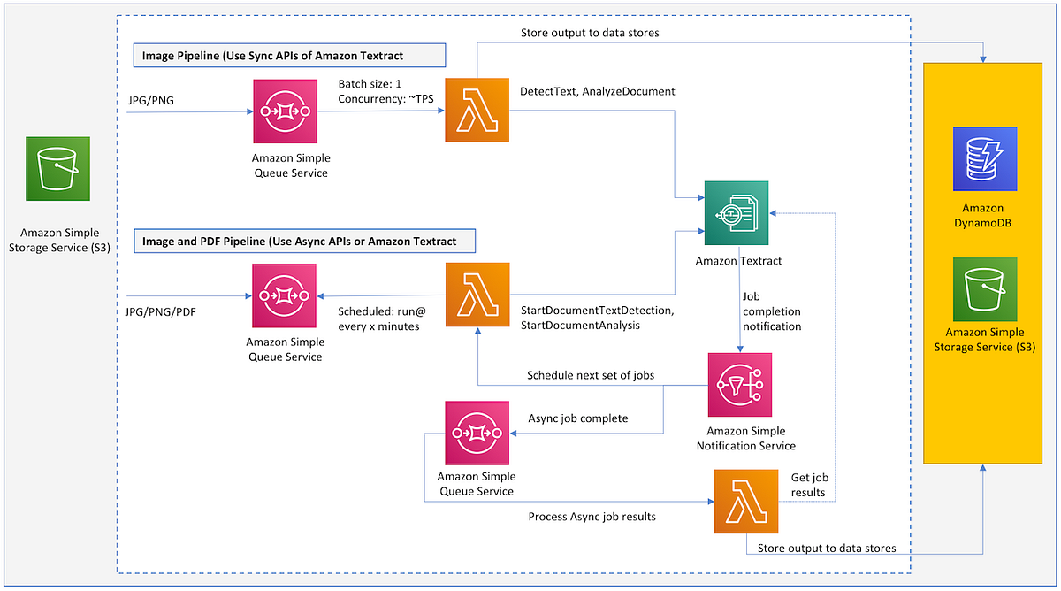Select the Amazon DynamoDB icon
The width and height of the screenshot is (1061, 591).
pos(985,159)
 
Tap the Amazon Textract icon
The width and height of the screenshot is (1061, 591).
pos(737,213)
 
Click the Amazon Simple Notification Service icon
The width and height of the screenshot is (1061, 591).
pos(740,385)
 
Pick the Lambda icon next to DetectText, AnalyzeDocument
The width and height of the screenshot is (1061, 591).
pos(477,110)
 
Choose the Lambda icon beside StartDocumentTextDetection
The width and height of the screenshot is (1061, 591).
pos(477,295)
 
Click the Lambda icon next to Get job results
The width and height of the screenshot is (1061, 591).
pos(746,502)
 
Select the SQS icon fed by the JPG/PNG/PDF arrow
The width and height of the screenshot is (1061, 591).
pos(284,295)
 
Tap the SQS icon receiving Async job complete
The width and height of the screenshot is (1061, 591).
pos(478,434)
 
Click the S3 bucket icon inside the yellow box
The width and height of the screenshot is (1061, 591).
pos(984,289)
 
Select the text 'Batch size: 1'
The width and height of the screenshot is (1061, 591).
pos(370,84)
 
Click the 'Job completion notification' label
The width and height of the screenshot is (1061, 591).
pos(771,311)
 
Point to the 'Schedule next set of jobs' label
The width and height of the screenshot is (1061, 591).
pos(591,375)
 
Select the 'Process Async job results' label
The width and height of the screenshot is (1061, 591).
pos(592,516)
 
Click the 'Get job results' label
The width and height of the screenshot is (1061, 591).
pos(808,485)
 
